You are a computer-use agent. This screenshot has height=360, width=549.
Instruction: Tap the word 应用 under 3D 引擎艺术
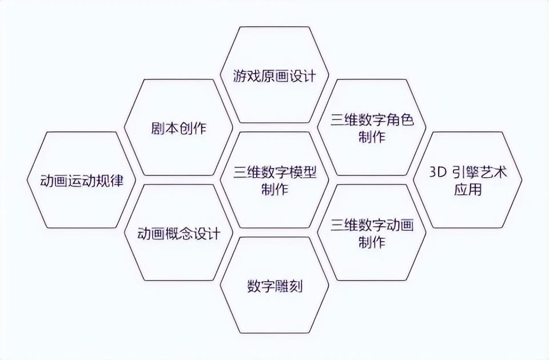[468, 190]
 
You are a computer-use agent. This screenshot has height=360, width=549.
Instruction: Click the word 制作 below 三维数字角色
[372, 137]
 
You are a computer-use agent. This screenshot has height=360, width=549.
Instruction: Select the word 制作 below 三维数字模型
[274, 190]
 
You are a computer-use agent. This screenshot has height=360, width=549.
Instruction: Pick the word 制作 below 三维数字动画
[372, 242]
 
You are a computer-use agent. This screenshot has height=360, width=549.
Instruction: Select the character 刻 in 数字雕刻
[295, 286]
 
